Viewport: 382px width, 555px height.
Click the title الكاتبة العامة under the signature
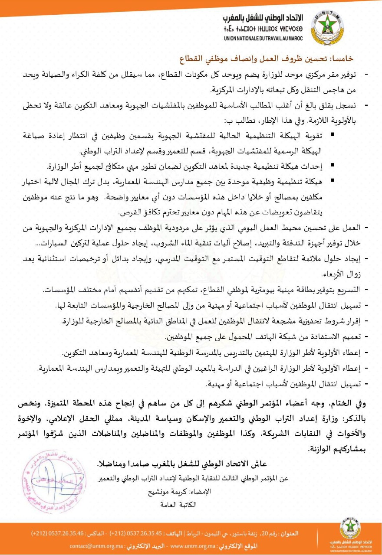click(x=178, y=505)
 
